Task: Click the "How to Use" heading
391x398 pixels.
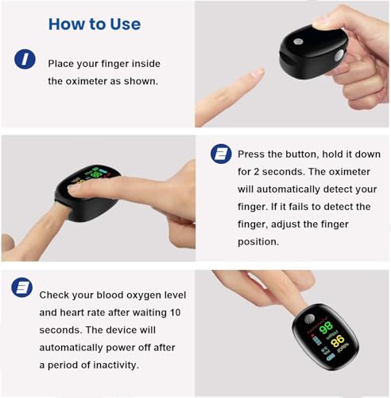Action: pyautogui.click(x=94, y=24)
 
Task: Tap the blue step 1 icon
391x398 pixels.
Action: pyautogui.click(x=25, y=58)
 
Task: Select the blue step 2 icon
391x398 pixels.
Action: pyautogui.click(x=221, y=154)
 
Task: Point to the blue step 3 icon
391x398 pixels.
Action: pyautogui.click(x=24, y=287)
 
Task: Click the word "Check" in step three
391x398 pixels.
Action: pyautogui.click(x=56, y=294)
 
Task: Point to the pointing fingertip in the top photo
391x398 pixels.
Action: pyautogui.click(x=256, y=74)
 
